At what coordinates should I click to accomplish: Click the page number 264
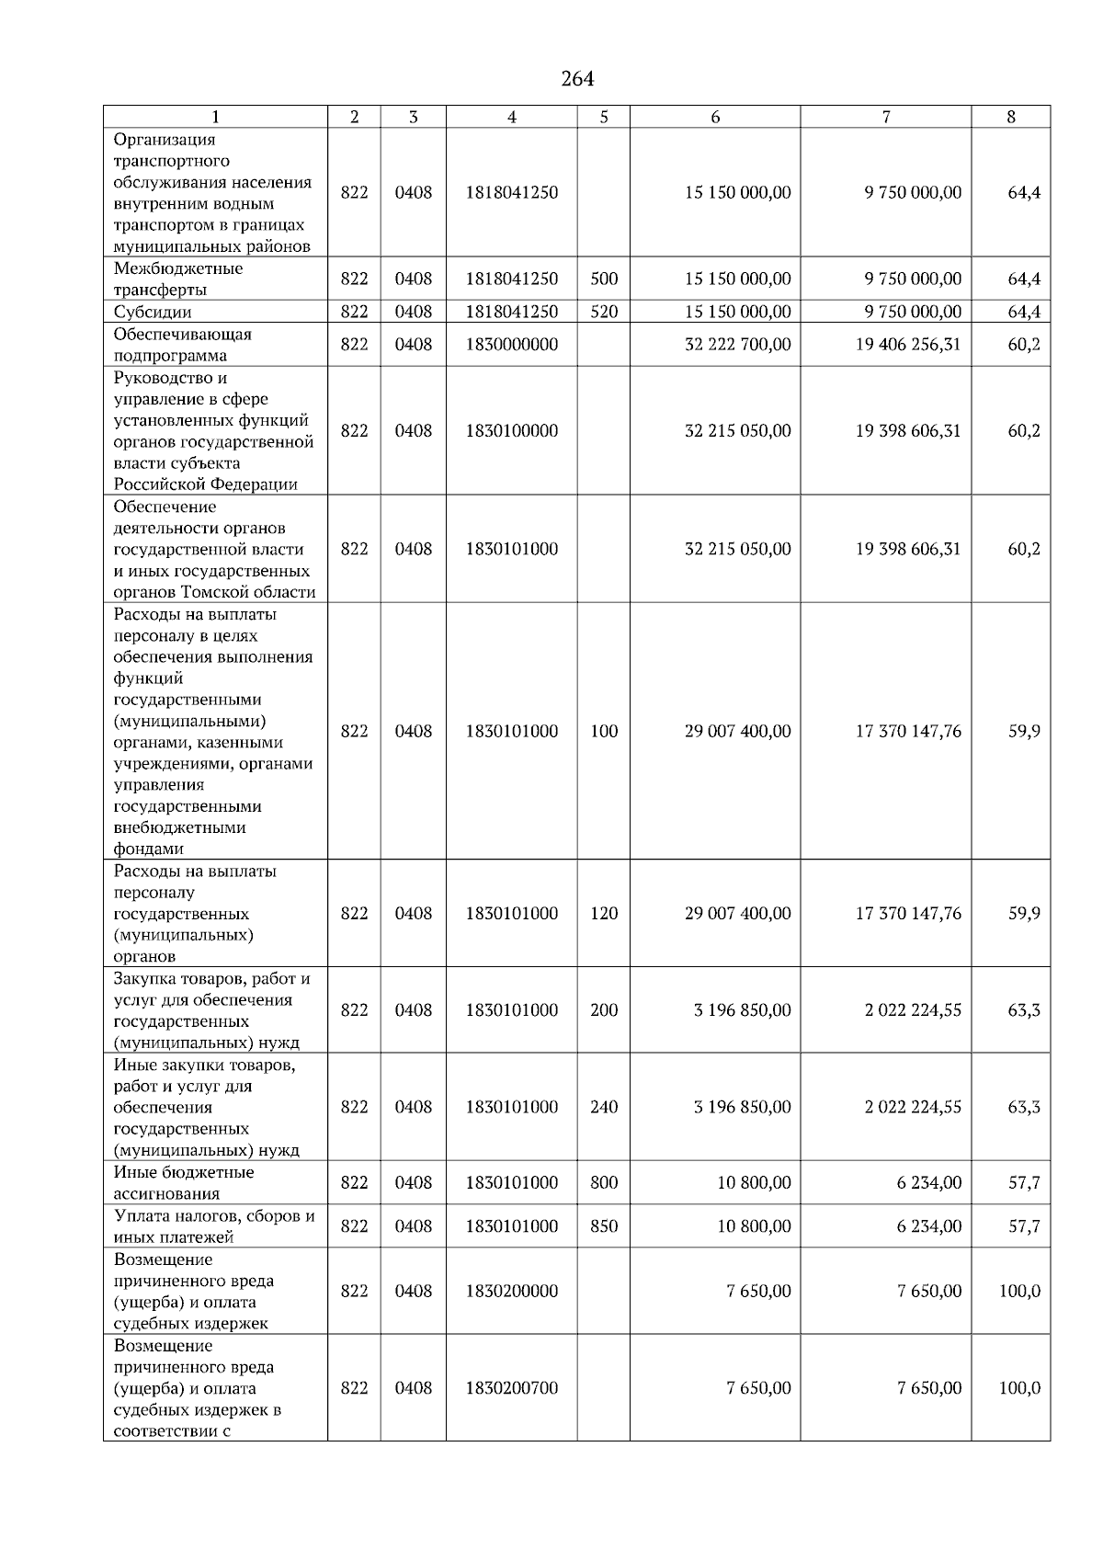point(577,79)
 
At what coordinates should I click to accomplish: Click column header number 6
point(715,117)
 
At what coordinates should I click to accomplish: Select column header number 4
point(512,117)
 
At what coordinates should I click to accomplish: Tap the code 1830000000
point(511,345)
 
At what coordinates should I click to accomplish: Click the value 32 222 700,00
point(737,345)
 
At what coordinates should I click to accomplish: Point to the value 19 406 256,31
point(908,345)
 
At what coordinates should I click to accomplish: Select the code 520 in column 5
point(604,312)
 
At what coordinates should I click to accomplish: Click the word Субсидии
point(153,312)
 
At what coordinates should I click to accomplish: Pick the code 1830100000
point(511,431)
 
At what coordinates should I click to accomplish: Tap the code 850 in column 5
point(604,1226)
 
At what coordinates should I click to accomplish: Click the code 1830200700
point(511,1388)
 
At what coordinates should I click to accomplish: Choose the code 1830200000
point(511,1292)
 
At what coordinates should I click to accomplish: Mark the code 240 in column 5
point(604,1108)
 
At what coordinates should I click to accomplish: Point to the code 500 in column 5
point(604,279)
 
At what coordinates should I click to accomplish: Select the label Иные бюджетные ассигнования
point(183,1183)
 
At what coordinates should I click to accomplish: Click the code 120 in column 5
point(604,914)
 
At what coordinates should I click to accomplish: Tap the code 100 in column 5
point(604,732)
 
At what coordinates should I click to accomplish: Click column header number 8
point(1011,117)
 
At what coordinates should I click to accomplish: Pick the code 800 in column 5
point(604,1183)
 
